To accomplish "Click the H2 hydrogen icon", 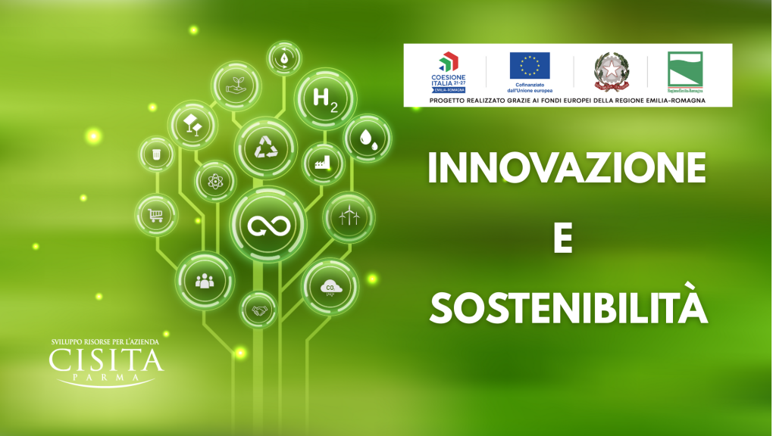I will click(x=325, y=99).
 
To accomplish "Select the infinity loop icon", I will click(x=269, y=225).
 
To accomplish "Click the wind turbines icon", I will click(x=349, y=216).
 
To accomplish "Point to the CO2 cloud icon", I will click(x=330, y=287).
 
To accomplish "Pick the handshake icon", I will click(x=259, y=310).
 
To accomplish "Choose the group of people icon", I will click(x=205, y=281).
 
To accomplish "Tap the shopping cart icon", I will click(x=156, y=215).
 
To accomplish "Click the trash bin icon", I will click(x=157, y=154).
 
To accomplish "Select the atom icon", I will click(x=215, y=182).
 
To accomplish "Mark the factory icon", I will click(x=323, y=163).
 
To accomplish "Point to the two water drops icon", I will click(x=368, y=139).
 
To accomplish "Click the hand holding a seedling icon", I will click(x=235, y=86).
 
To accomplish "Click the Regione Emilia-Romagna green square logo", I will click(x=684, y=70).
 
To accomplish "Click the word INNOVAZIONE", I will click(x=567, y=169).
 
